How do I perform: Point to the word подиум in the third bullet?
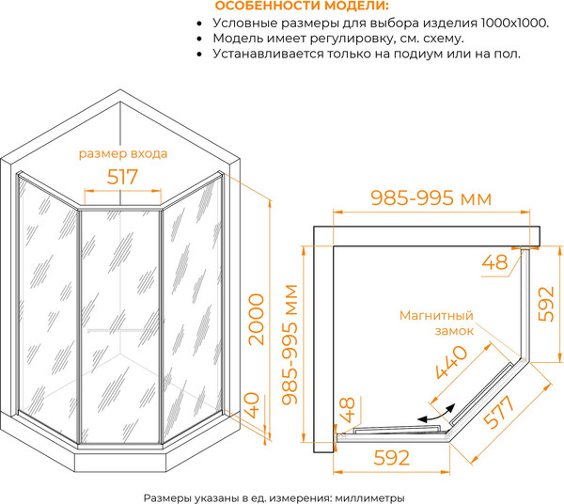(x=422, y=55)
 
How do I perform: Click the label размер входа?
(x=123, y=152)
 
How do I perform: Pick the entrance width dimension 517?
(x=122, y=176)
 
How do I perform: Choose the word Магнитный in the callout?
(x=434, y=316)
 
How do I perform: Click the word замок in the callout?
(x=454, y=332)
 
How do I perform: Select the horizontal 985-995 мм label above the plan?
(x=431, y=198)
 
